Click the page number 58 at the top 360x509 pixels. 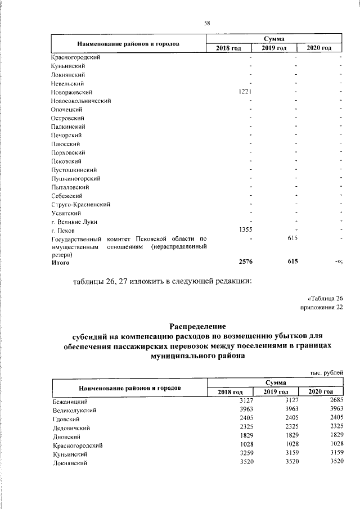(206, 23)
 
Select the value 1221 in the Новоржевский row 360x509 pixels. (248, 92)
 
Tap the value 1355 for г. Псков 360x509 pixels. (248, 230)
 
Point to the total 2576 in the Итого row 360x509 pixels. (248, 262)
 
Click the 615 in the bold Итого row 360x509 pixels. (291, 262)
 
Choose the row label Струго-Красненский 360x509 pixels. (79, 204)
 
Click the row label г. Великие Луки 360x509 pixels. (73, 222)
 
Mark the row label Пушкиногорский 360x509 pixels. (75, 178)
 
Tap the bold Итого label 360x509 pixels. (60, 262)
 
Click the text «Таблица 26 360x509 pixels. (325, 298)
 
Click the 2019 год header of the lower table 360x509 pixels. (276, 391)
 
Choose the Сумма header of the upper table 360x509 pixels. (274, 38)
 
